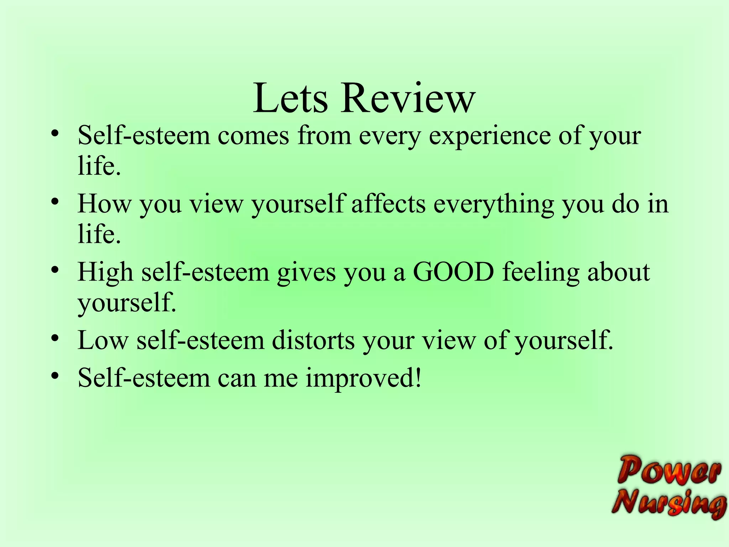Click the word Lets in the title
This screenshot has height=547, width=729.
point(290,98)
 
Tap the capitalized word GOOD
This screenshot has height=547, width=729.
point(453,272)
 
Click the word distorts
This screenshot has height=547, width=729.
point(313,340)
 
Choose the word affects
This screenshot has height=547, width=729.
point(388,204)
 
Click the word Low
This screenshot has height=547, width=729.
point(103,340)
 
